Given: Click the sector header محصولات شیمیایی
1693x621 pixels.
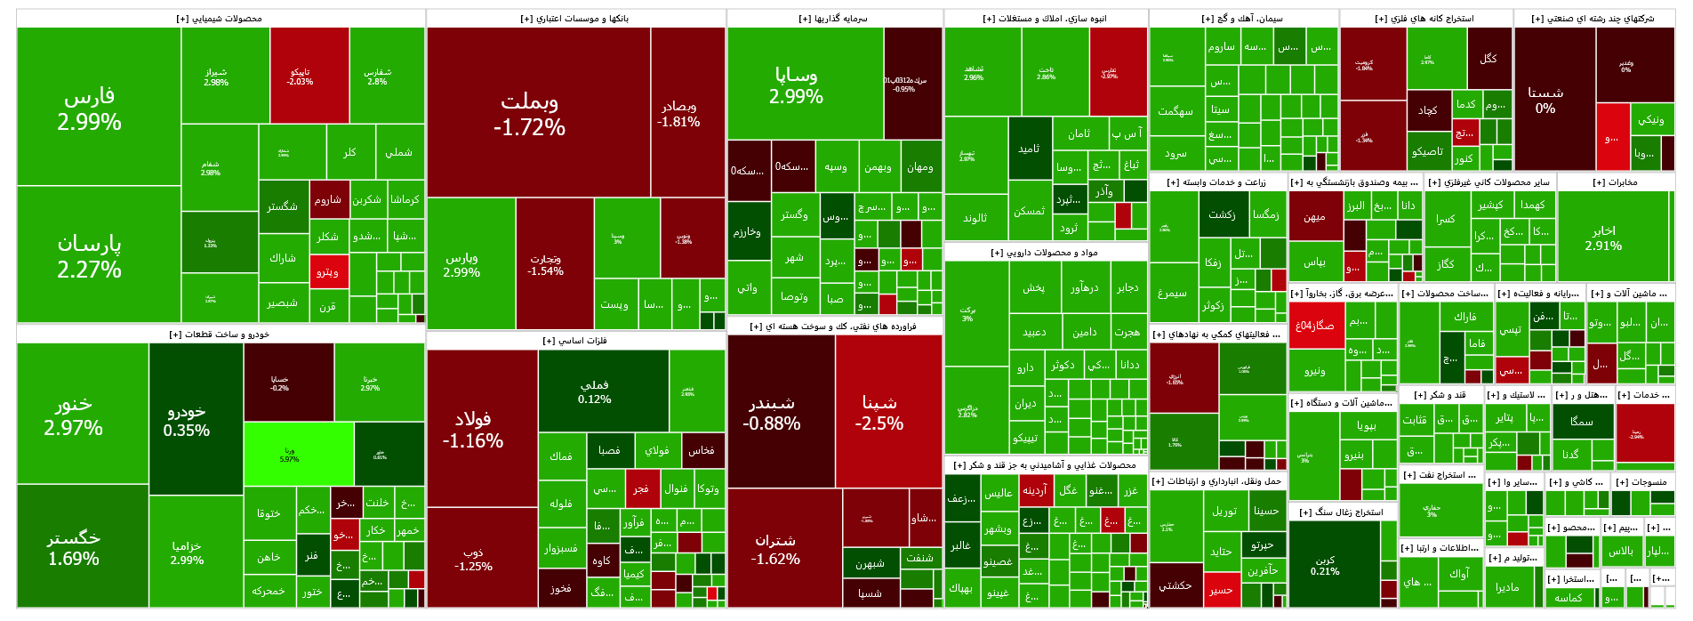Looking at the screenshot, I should [220, 19].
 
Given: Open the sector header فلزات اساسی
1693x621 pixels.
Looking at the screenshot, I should [575, 341].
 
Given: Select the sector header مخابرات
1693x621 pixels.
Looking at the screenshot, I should [1616, 182].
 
